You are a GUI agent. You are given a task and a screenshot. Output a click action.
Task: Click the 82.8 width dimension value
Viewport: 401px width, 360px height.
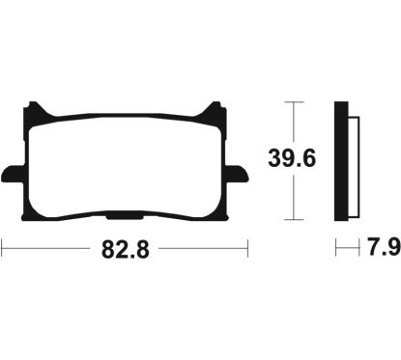coord(126,250)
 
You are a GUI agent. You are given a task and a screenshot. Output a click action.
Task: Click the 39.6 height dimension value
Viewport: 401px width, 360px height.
coord(292,158)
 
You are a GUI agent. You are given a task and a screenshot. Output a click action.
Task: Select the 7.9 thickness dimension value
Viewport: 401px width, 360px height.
coord(385,247)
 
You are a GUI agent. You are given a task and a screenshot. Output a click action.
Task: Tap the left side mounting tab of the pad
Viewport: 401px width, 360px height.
coord(13,174)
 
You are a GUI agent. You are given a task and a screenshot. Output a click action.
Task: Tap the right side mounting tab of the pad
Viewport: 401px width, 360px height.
coord(238,174)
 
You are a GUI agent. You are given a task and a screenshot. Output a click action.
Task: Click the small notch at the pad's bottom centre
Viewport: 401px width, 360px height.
coord(125,218)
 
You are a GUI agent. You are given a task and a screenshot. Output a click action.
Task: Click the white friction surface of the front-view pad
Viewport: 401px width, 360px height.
coord(125,167)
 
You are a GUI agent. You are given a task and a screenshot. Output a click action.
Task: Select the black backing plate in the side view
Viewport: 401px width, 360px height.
coord(341,161)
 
